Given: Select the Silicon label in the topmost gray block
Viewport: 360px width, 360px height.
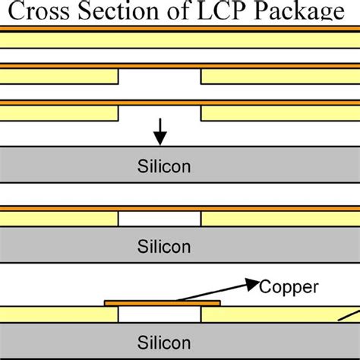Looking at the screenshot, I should point(159,166).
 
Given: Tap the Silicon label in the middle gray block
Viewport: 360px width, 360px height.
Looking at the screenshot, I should point(159,245).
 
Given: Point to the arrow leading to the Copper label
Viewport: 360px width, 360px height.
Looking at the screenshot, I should point(228,292).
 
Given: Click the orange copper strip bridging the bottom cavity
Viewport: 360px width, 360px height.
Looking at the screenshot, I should point(162,302).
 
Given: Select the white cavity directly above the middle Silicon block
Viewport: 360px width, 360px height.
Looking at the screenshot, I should point(159,219).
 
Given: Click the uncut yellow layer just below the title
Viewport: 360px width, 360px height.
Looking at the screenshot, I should point(180,39).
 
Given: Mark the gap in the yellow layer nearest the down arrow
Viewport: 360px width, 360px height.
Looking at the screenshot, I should point(159,112).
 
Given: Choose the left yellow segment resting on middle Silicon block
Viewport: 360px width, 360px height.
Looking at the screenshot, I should point(59,219).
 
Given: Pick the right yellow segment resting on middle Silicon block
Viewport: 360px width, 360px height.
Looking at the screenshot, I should point(280,219).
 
